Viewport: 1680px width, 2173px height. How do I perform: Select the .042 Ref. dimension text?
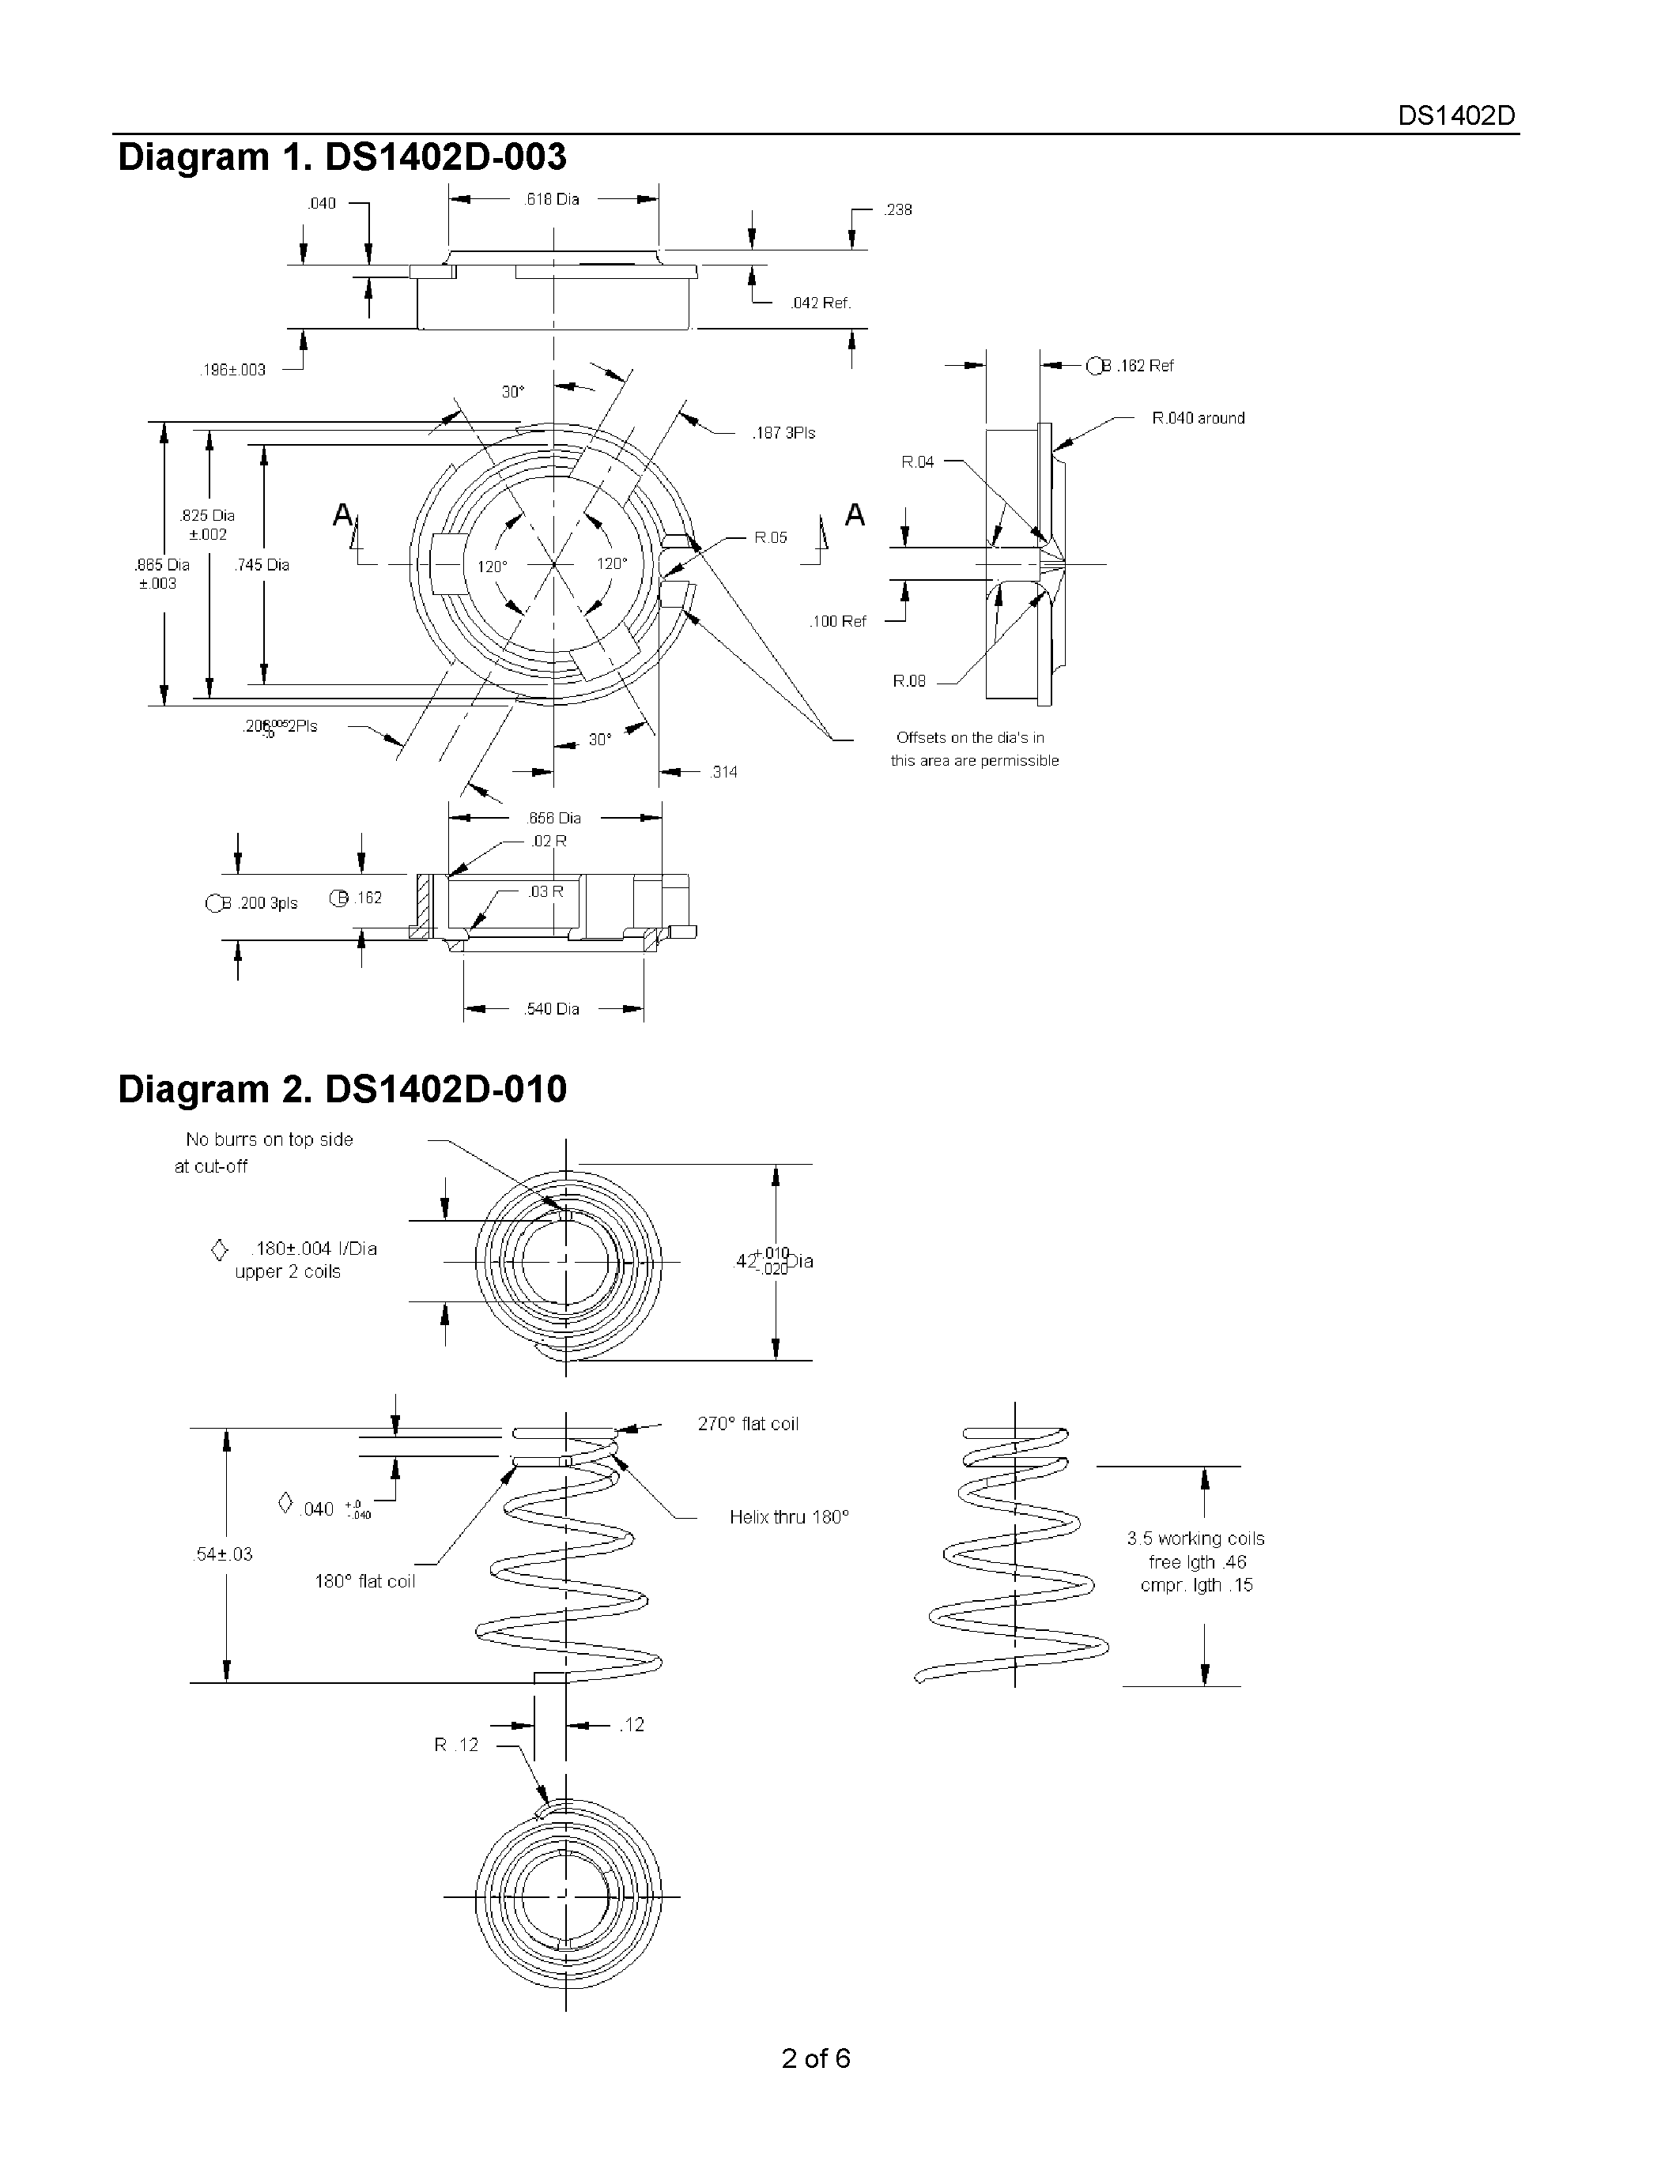tap(820, 303)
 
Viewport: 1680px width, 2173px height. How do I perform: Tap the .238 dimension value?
tap(898, 210)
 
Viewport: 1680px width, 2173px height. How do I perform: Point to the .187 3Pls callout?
tap(783, 433)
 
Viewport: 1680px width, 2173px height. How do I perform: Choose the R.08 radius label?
tap(908, 680)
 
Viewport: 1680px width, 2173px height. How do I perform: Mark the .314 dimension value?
tap(723, 772)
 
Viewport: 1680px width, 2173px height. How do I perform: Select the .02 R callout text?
tap(549, 841)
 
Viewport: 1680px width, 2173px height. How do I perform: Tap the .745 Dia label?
tap(262, 564)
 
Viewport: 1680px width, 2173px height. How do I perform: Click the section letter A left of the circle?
tap(342, 514)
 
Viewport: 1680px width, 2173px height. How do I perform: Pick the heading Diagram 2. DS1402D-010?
tap(342, 1089)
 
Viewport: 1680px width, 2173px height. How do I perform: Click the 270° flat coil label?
tap(747, 1424)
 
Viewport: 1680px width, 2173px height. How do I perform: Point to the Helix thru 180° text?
tap(788, 1517)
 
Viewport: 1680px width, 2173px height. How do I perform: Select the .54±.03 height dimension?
tap(223, 1554)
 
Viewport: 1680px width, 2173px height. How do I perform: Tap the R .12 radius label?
tap(456, 1744)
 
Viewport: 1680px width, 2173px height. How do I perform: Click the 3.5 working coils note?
tap(1195, 1538)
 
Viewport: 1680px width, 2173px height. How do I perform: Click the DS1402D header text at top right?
tap(1456, 115)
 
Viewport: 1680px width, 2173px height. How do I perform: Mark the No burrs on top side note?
tap(269, 1139)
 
